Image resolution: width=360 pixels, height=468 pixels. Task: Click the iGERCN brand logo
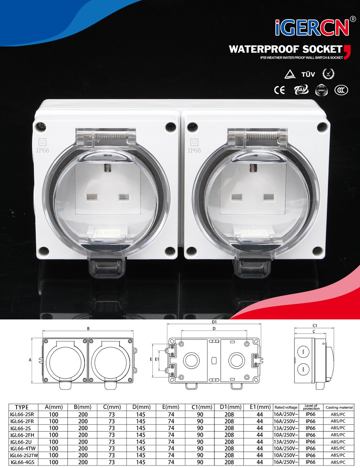coord(312,28)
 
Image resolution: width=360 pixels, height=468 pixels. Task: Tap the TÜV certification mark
coord(308,74)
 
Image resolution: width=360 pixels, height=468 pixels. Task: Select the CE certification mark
coord(279,90)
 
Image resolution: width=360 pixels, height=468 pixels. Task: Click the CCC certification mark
coord(341,90)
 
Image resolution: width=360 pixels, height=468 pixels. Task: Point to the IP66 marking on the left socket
coord(42,150)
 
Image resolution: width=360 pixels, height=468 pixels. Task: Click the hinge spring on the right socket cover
coord(262,136)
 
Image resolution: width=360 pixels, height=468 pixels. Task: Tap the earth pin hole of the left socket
coord(107,167)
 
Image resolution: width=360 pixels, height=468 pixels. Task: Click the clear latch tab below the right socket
coord(252,269)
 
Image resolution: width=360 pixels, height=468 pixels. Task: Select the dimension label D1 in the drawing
coord(214,322)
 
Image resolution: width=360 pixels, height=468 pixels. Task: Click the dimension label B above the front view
coord(88,329)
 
